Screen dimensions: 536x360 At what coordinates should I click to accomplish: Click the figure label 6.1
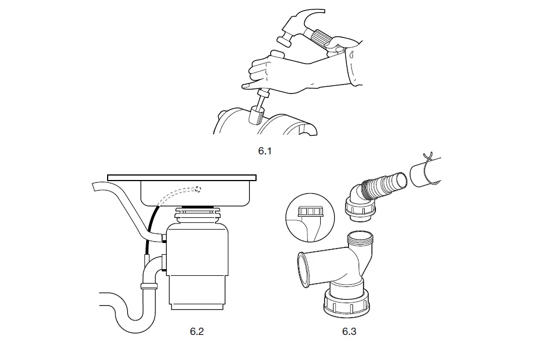tap(264, 151)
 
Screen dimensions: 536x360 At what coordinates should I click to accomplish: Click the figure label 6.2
tap(196, 332)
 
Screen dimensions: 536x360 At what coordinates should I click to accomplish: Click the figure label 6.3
tap(349, 332)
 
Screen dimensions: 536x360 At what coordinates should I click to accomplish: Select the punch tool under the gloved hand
tap(260, 107)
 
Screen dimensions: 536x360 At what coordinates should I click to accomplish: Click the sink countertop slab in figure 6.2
tap(182, 178)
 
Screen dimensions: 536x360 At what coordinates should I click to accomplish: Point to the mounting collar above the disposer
tap(197, 215)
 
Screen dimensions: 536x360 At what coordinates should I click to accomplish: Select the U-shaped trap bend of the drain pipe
tap(133, 316)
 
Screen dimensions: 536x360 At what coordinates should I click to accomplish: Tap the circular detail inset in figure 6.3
tap(310, 217)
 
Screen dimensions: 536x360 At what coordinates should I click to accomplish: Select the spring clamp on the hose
tap(431, 168)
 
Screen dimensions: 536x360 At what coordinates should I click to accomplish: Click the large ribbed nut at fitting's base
tap(346, 301)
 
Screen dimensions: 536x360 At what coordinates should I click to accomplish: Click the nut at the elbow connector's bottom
tap(360, 211)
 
